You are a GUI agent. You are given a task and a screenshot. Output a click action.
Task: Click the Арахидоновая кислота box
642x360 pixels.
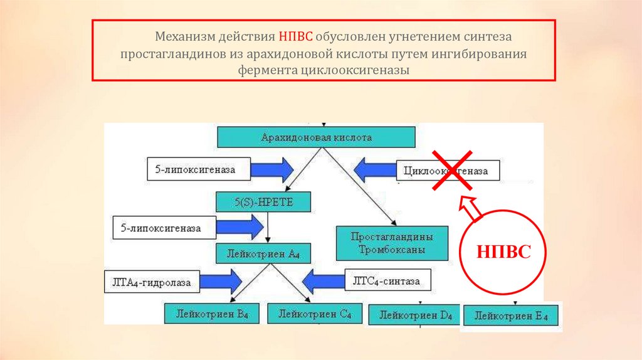coord(316,137)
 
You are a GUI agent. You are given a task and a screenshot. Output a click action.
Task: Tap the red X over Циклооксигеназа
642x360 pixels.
coord(451,170)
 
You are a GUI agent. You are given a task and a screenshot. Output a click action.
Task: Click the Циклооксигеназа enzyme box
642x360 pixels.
coord(449,171)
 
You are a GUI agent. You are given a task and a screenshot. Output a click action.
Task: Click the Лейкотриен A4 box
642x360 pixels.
coord(263,253)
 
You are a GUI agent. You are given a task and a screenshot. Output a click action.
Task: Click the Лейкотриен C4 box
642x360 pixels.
coord(315,312)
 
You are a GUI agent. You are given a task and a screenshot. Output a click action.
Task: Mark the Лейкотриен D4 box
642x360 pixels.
coord(414,314)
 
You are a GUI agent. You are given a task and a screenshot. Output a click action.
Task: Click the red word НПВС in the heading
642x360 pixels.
coord(297,38)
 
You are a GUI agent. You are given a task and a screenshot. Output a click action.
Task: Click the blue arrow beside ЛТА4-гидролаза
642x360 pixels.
coord(219,281)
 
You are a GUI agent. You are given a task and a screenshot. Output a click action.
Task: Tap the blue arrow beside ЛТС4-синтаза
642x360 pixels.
coord(324,280)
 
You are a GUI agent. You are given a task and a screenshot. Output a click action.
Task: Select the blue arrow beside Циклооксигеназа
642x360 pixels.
coord(375,169)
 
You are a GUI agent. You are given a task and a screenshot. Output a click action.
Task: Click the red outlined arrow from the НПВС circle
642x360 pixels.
coord(471,208)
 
